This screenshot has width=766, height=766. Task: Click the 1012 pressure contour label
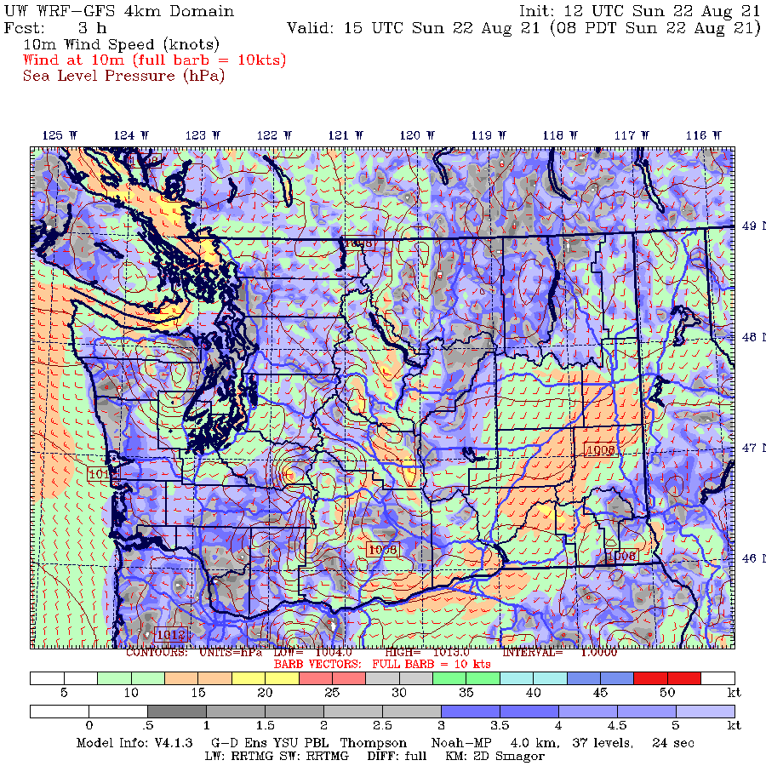click(171, 634)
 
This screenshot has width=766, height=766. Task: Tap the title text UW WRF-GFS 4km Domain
click(119, 12)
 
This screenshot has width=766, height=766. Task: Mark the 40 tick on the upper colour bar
click(533, 694)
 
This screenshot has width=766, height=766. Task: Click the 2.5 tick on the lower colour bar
click(382, 725)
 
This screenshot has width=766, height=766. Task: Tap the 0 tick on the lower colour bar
click(89, 725)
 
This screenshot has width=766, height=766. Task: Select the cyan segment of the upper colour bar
click(533, 678)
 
